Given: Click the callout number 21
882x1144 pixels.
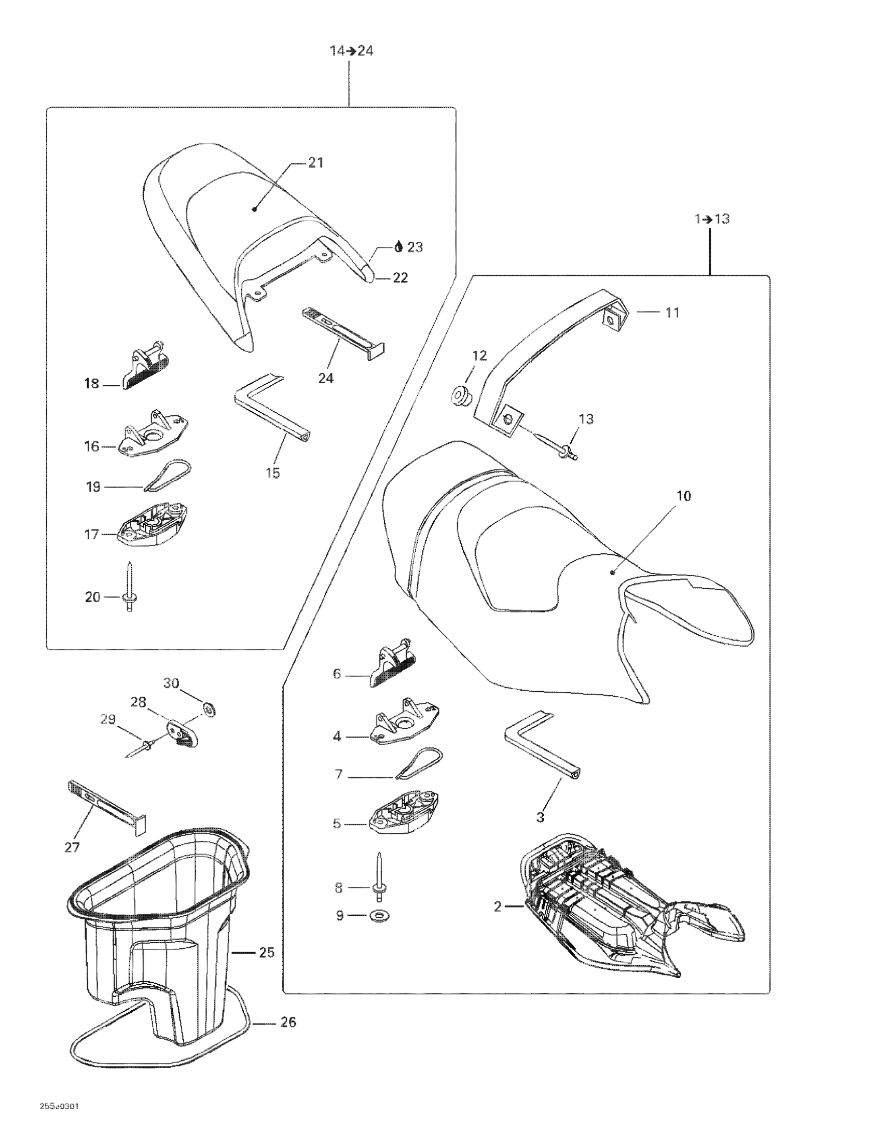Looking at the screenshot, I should click(315, 163).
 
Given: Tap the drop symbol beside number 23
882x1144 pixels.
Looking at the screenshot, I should click(398, 247).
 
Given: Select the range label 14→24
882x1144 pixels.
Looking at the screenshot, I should click(351, 51).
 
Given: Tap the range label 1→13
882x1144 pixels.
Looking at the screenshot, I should click(712, 219).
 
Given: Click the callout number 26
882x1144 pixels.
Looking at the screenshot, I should click(288, 1022).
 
